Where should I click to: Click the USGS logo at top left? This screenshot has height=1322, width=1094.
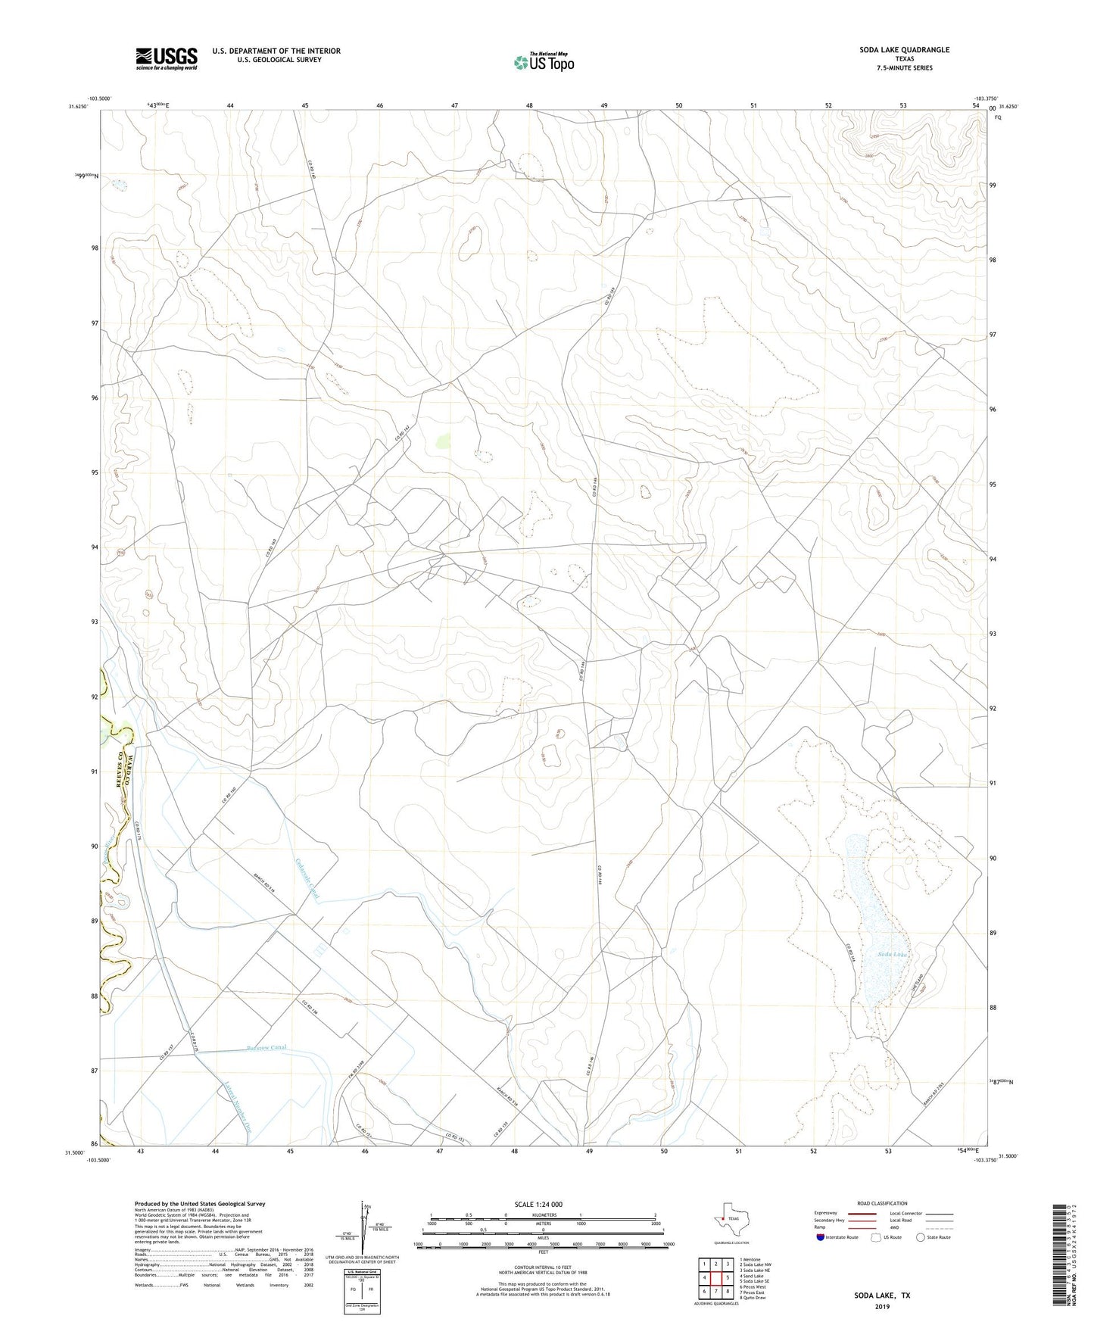coord(167,58)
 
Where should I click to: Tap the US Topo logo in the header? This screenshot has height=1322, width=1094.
coord(543,61)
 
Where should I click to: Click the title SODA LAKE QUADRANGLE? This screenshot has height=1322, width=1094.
coord(904,50)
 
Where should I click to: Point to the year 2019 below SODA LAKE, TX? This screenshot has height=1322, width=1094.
coord(882,1306)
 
